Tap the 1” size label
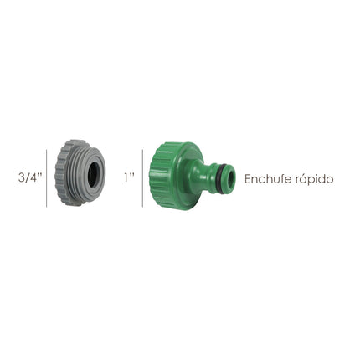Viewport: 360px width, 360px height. [x=129, y=178]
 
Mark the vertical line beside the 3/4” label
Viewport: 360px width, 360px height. [x=48, y=177]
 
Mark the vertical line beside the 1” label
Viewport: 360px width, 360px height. [x=143, y=177]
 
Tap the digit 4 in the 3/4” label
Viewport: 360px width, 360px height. [x=35, y=178]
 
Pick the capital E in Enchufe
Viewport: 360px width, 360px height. [x=248, y=179]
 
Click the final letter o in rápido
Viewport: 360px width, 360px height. [x=330, y=179]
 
